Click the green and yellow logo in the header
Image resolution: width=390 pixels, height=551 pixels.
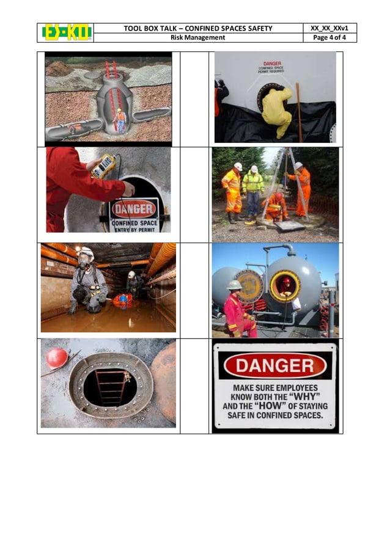[x=67, y=32]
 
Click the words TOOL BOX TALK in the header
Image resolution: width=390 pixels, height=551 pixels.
[x=149, y=28]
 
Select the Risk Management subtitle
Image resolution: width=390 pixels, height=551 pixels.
[x=197, y=37]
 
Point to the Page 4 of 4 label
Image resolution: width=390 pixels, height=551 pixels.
[x=330, y=37]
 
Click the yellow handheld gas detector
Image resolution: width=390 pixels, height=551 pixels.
[x=104, y=166]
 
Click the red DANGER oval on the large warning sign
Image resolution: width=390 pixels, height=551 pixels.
[x=274, y=365]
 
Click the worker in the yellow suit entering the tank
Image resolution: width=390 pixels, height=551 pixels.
[x=277, y=111]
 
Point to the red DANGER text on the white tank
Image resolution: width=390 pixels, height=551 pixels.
[x=272, y=64]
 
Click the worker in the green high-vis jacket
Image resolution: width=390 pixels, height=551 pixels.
[x=252, y=190]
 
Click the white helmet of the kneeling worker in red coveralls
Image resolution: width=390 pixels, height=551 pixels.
[x=235, y=285]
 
